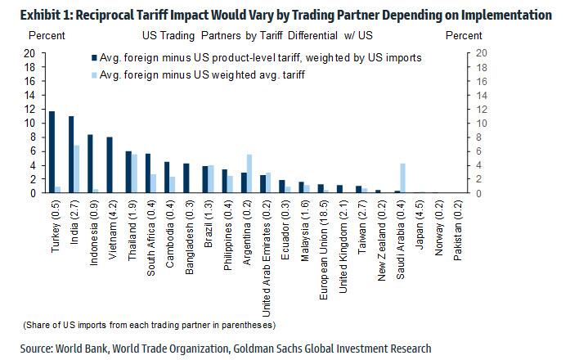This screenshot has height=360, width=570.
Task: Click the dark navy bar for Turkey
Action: point(52,152)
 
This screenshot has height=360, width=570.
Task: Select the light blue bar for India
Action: point(77,169)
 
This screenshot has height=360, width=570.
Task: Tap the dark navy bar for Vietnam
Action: point(110,165)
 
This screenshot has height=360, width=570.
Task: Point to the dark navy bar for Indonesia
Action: point(90,164)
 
